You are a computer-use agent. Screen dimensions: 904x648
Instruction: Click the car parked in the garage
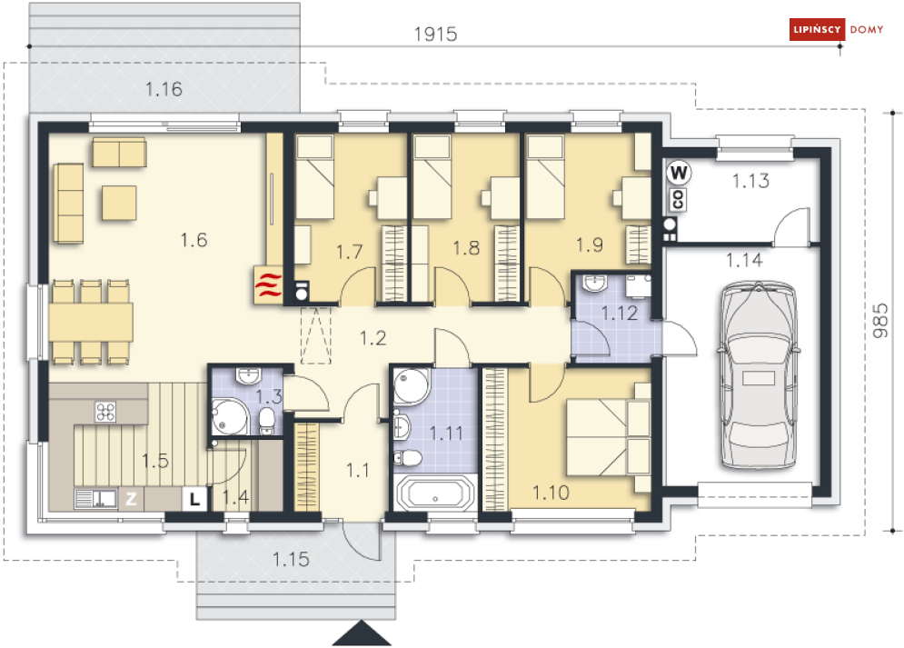760,376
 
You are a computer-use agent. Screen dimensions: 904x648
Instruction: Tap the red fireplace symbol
268,284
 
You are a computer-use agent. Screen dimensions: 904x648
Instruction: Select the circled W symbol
679,173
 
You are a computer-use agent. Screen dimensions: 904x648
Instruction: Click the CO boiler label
678,199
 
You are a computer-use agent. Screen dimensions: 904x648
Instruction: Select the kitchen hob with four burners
105,412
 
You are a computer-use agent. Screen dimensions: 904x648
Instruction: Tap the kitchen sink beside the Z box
95,499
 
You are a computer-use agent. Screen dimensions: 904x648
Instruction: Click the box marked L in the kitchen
194,499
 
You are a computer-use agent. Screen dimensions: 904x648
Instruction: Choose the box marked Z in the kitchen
131,499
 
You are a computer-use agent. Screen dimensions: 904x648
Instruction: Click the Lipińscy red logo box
817,29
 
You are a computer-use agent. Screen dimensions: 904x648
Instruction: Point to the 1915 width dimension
435,35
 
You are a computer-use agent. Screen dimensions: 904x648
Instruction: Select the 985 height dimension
880,321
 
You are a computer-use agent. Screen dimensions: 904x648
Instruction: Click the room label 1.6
194,240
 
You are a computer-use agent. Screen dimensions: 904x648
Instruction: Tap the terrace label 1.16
164,89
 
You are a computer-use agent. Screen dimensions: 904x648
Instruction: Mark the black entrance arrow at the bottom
363,633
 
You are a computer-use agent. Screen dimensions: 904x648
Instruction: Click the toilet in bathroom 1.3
266,420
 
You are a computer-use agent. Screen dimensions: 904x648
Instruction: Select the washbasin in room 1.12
594,283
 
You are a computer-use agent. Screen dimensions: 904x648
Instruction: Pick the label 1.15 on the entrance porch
291,559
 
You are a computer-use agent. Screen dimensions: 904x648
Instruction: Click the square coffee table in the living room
119,203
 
